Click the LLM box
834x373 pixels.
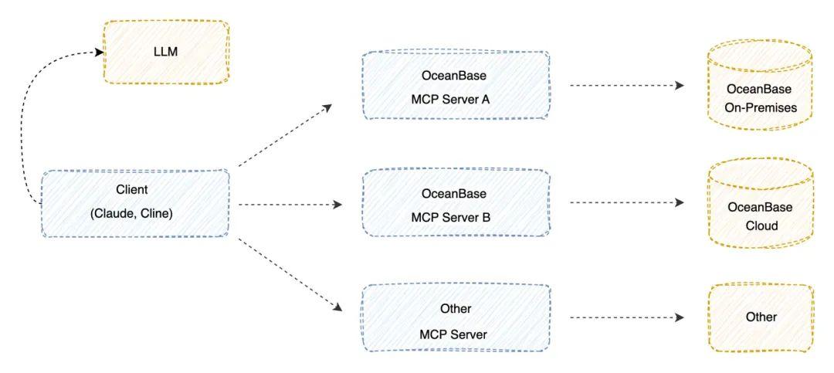point(166,52)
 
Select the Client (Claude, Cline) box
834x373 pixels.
point(135,203)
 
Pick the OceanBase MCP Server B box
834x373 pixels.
point(456,204)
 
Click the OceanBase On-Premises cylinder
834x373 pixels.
point(760,85)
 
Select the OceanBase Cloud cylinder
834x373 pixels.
point(760,204)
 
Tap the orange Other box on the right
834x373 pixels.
point(760,317)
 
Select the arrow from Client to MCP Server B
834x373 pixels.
point(290,205)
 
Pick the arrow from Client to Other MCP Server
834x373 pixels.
point(290,274)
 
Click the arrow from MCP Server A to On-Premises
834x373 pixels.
point(625,86)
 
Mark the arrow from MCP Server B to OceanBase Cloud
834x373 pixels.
point(625,203)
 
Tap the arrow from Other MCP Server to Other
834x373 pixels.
point(625,317)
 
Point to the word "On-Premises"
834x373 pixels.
point(760,107)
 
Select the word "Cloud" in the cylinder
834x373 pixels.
point(760,226)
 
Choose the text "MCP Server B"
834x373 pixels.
point(455,217)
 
